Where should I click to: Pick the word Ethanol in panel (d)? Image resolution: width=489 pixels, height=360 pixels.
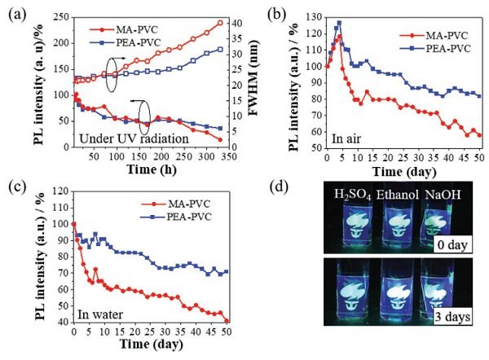(x=395, y=194)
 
